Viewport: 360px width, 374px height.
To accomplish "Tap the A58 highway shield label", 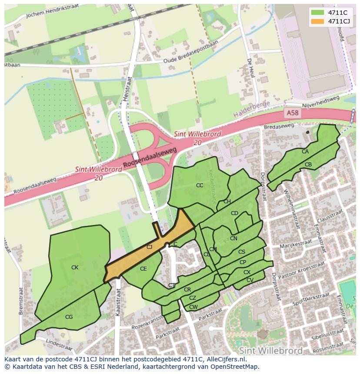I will pos(293,113).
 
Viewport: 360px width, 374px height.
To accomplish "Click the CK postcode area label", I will pos(75,268).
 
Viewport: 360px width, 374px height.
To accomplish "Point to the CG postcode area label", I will pos(69,317).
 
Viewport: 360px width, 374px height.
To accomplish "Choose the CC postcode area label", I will pos(200,185).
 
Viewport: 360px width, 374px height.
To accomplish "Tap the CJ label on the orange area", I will pos(149,247).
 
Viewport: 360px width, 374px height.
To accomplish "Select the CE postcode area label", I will pos(143,269).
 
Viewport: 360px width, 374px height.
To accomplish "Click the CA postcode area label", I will pos(305,152).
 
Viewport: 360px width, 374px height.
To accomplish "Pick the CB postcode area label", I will pos(308,165).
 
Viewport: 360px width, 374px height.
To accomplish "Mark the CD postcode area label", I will pos(234,213).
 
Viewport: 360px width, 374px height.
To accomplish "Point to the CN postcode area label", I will pos(233,238).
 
